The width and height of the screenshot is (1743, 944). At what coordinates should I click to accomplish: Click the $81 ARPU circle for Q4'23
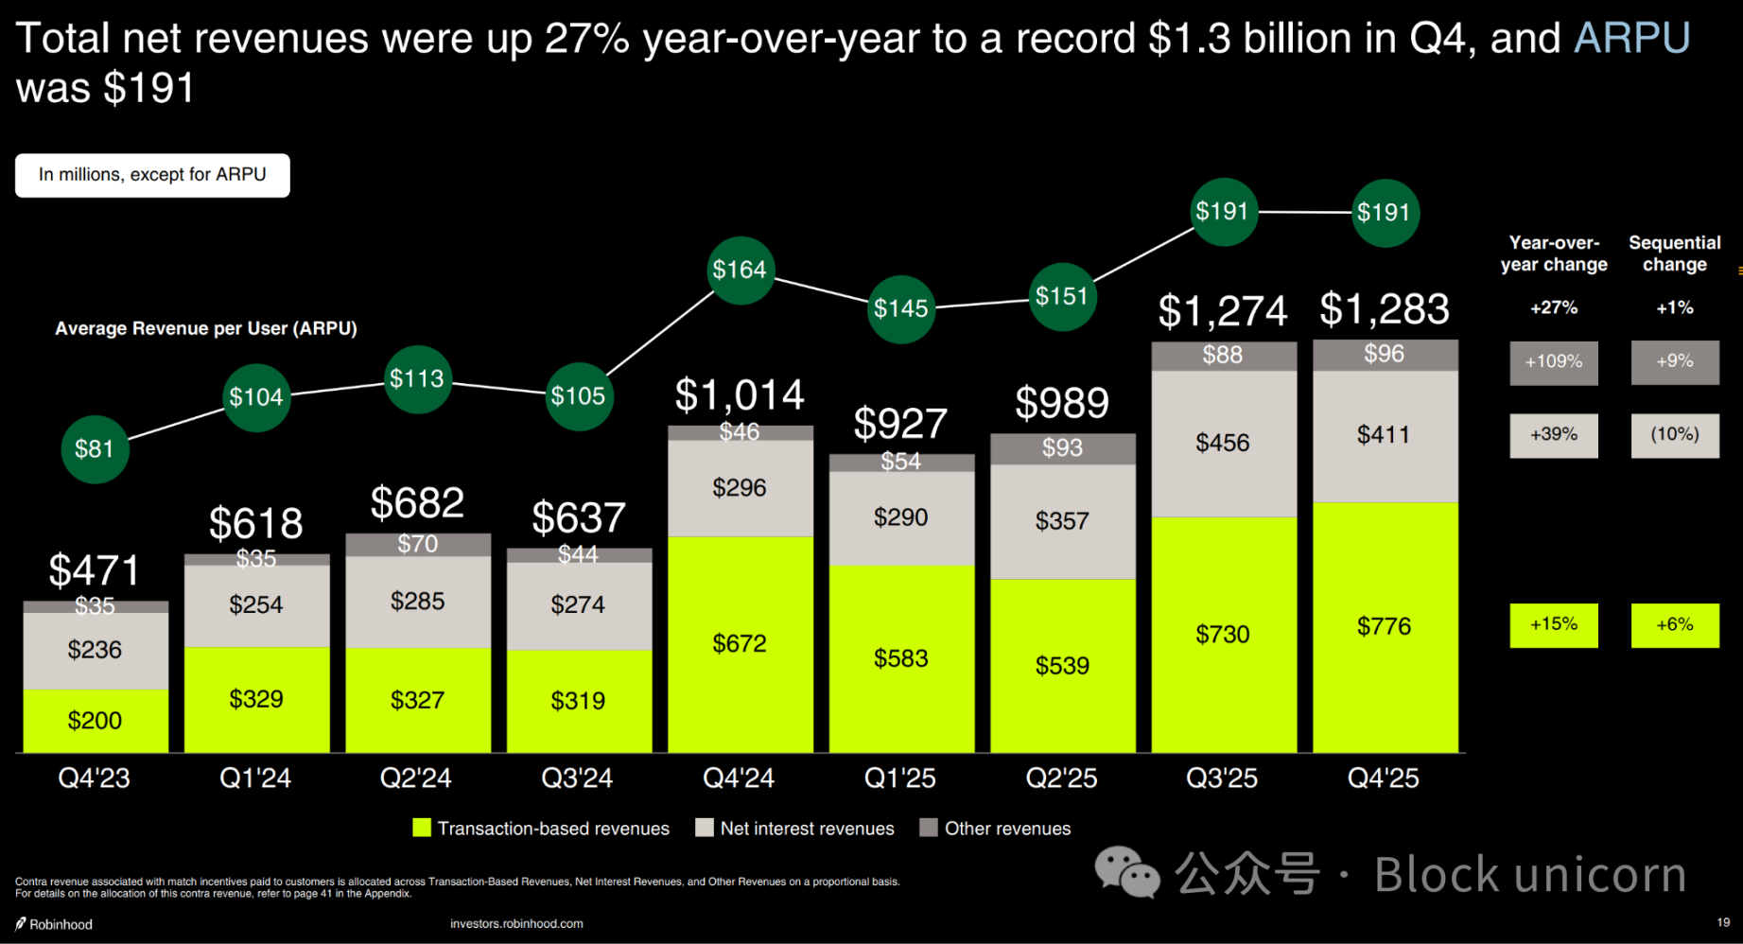[95, 449]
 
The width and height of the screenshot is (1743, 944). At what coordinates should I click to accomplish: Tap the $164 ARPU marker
[741, 271]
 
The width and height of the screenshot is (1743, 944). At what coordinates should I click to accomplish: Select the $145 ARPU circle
[901, 308]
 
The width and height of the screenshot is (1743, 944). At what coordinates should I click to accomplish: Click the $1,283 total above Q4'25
[1385, 309]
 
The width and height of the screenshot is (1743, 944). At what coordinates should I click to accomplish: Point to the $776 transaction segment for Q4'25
[1385, 626]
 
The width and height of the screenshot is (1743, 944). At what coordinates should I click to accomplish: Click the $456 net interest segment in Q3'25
[1223, 443]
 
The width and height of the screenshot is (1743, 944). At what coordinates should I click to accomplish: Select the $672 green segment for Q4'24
[740, 644]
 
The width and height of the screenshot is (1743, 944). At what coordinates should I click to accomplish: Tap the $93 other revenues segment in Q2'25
[1062, 448]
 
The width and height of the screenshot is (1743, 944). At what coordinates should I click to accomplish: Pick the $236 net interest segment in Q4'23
[95, 650]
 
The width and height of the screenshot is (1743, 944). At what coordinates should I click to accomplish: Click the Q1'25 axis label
[900, 778]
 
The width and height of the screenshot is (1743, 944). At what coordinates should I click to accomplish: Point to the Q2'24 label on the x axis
[416, 778]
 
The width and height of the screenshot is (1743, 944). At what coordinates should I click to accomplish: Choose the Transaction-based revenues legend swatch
[422, 829]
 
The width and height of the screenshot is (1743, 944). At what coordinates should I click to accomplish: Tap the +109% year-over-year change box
[1554, 362]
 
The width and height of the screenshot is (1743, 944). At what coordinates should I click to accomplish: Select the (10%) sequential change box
[1675, 435]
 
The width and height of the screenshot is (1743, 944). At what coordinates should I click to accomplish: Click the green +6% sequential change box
[1675, 625]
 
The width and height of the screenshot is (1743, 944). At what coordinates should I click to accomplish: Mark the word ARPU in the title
[1631, 39]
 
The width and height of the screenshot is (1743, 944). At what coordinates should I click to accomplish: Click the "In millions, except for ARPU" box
[152, 175]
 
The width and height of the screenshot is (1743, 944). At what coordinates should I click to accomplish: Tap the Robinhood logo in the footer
[21, 924]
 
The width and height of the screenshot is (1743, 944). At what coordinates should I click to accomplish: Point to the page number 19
[1723, 922]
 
